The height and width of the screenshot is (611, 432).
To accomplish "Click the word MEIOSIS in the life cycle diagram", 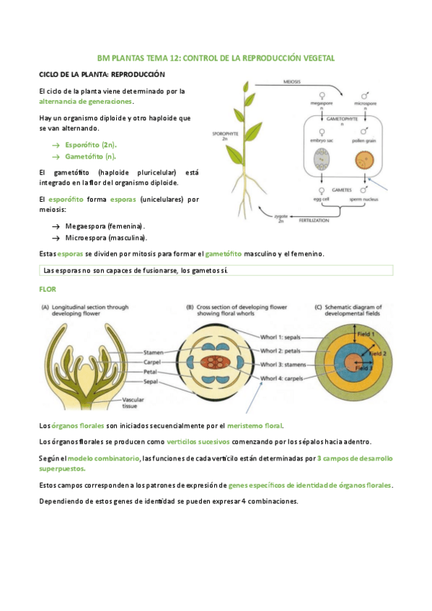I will pyautogui.click(x=292, y=82).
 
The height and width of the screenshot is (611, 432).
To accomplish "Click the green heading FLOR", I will pyautogui.click(x=46, y=290).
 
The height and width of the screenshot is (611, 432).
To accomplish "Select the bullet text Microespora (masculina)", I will pyautogui.click(x=105, y=237).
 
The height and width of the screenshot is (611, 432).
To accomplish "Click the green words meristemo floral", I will pyautogui.click(x=255, y=426).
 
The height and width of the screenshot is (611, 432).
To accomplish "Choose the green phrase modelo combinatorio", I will pyautogui.click(x=103, y=458).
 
